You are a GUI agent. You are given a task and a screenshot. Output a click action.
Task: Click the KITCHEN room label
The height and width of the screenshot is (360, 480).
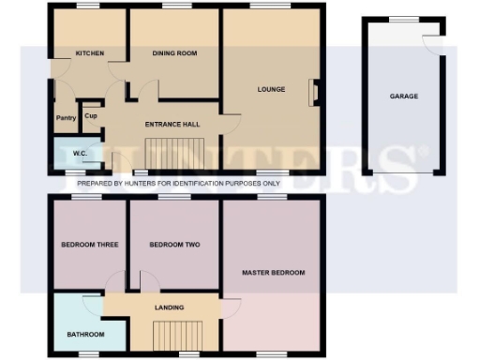[90, 53]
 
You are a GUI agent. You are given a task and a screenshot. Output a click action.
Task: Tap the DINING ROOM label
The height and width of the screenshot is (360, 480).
[175, 53]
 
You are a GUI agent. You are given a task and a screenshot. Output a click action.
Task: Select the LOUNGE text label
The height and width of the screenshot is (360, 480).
[272, 89]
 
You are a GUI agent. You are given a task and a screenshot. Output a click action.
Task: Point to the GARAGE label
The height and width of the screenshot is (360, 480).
[404, 96]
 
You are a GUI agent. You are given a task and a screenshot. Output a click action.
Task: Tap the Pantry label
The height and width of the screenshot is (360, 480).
[66, 118]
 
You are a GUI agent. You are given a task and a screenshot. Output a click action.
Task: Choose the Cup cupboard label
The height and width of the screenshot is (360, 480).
[91, 116]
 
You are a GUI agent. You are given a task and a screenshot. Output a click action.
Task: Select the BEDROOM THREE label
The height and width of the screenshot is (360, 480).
[89, 245]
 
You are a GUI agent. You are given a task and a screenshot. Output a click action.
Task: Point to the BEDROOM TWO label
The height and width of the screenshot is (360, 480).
[175, 245]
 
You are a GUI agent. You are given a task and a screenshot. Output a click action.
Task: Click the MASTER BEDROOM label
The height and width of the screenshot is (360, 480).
[273, 273]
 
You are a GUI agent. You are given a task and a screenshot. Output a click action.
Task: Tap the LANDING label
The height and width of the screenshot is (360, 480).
[170, 307]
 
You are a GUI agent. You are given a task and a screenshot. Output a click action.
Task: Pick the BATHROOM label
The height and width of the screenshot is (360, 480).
[84, 334]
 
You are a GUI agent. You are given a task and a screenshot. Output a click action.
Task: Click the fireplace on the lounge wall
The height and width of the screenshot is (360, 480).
[316, 91]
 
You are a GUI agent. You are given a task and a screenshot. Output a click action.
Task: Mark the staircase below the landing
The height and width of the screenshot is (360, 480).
[170, 335]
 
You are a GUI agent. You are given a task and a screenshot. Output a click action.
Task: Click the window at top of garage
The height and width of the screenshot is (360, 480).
[404, 20]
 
